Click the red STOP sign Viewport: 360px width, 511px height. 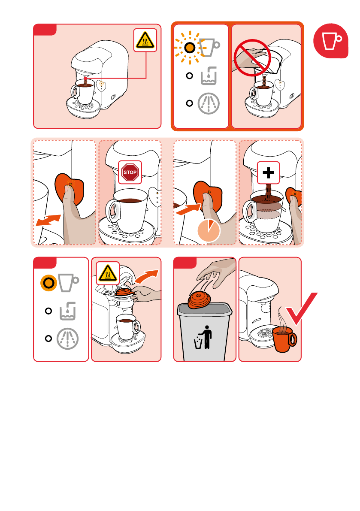click(130, 172)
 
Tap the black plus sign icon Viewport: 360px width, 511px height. click(269, 173)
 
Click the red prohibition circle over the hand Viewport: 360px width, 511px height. click(252, 57)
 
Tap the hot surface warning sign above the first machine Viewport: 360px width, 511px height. click(145, 40)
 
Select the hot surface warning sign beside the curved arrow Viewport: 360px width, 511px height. click(108, 273)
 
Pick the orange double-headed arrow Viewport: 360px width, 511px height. click(48, 220)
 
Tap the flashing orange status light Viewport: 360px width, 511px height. click(190, 48)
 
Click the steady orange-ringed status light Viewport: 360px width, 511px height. click(48, 283)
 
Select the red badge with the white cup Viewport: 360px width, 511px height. click(331, 41)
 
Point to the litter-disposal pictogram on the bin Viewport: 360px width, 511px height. click(203, 337)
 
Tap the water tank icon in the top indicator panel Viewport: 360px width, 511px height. click(209, 76)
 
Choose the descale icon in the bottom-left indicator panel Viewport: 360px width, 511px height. click(67, 339)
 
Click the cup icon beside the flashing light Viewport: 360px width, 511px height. click(209, 48)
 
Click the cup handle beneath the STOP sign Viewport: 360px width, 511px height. click(112, 211)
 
